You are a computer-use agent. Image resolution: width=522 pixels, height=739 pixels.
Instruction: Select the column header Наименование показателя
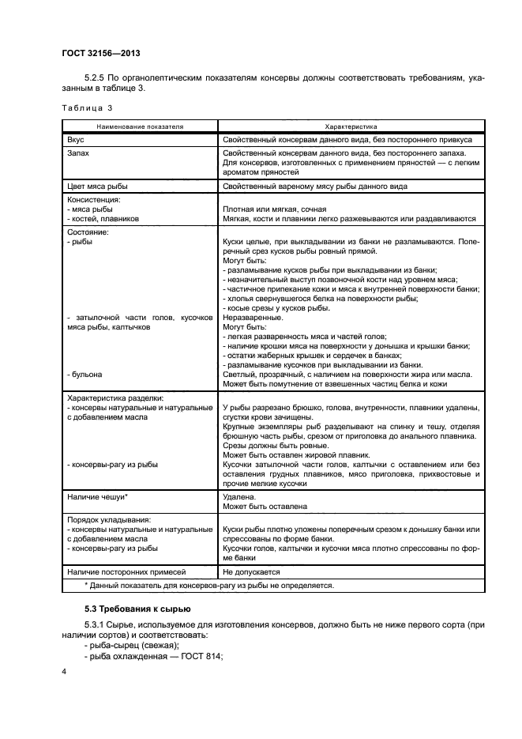[x=141, y=126]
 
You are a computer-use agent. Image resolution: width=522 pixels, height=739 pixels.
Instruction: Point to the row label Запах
[x=80, y=153]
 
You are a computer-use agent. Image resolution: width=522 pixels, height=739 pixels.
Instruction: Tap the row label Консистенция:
[x=93, y=201]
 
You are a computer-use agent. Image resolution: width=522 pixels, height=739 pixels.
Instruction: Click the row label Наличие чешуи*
[x=98, y=496]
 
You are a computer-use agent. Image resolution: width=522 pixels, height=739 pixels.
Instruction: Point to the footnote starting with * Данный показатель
[x=209, y=586]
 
